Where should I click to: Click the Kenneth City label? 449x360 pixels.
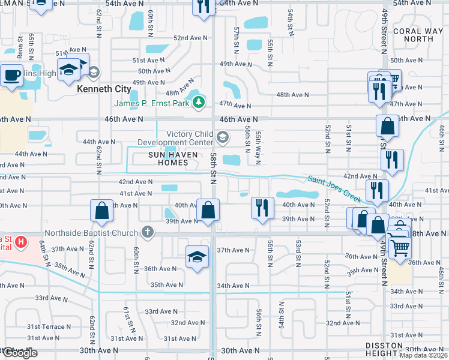pyautogui.click(x=104, y=89)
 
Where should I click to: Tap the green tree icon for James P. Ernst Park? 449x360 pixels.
pyautogui.click(x=199, y=103)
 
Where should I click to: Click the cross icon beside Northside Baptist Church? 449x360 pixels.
pyautogui.click(x=148, y=232)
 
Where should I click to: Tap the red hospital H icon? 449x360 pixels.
pyautogui.click(x=21, y=243)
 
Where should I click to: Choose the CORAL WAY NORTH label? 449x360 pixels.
pyautogui.click(x=413, y=35)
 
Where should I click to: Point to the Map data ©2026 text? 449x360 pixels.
pyautogui.click(x=424, y=355)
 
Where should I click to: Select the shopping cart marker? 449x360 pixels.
pyautogui.click(x=400, y=246)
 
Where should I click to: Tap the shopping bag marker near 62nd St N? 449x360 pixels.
pyautogui.click(x=101, y=211)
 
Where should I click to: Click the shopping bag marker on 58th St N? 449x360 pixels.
pyautogui.click(x=208, y=211)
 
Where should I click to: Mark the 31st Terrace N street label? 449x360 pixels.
pyautogui.click(x=41, y=327)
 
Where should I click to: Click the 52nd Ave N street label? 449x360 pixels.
pyautogui.click(x=190, y=38)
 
